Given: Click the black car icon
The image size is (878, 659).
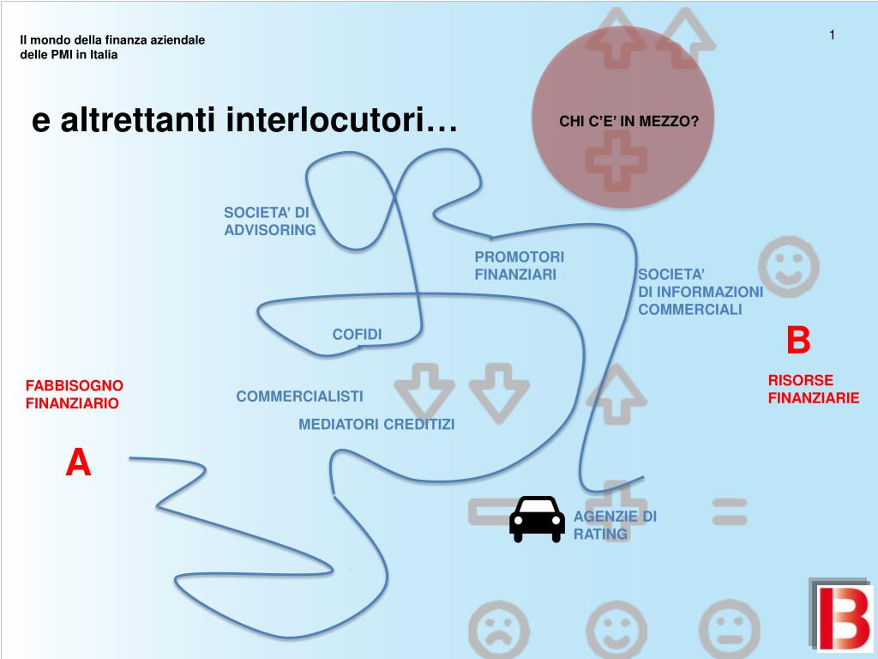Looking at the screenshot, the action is (537, 518).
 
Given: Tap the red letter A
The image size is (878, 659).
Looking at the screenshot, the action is (78, 463).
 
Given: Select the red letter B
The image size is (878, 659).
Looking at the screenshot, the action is (797, 341).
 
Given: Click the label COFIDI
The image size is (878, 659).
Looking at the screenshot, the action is (357, 334).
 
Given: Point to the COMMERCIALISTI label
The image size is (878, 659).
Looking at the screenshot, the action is (299, 396).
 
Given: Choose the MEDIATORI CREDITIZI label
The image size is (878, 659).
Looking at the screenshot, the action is (376, 424).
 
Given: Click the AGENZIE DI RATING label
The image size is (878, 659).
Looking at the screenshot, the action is (615, 525).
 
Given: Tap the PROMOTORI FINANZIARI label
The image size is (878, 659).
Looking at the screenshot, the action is (519, 266).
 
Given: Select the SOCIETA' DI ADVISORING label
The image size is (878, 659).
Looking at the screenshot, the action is (269, 221).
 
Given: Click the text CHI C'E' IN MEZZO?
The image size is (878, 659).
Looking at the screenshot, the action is (629, 122).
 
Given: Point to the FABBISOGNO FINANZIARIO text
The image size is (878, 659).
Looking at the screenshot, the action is (75, 395).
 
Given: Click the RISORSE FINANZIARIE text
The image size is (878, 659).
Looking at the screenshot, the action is (813, 389).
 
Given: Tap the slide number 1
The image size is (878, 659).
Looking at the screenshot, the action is (832, 34).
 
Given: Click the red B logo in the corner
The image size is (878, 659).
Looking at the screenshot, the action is (839, 614).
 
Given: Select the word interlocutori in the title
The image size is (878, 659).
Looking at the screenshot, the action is (342, 120).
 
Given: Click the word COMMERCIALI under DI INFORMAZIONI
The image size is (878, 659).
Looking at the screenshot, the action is (689, 310).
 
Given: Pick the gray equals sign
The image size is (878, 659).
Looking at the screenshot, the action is (729, 513).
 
